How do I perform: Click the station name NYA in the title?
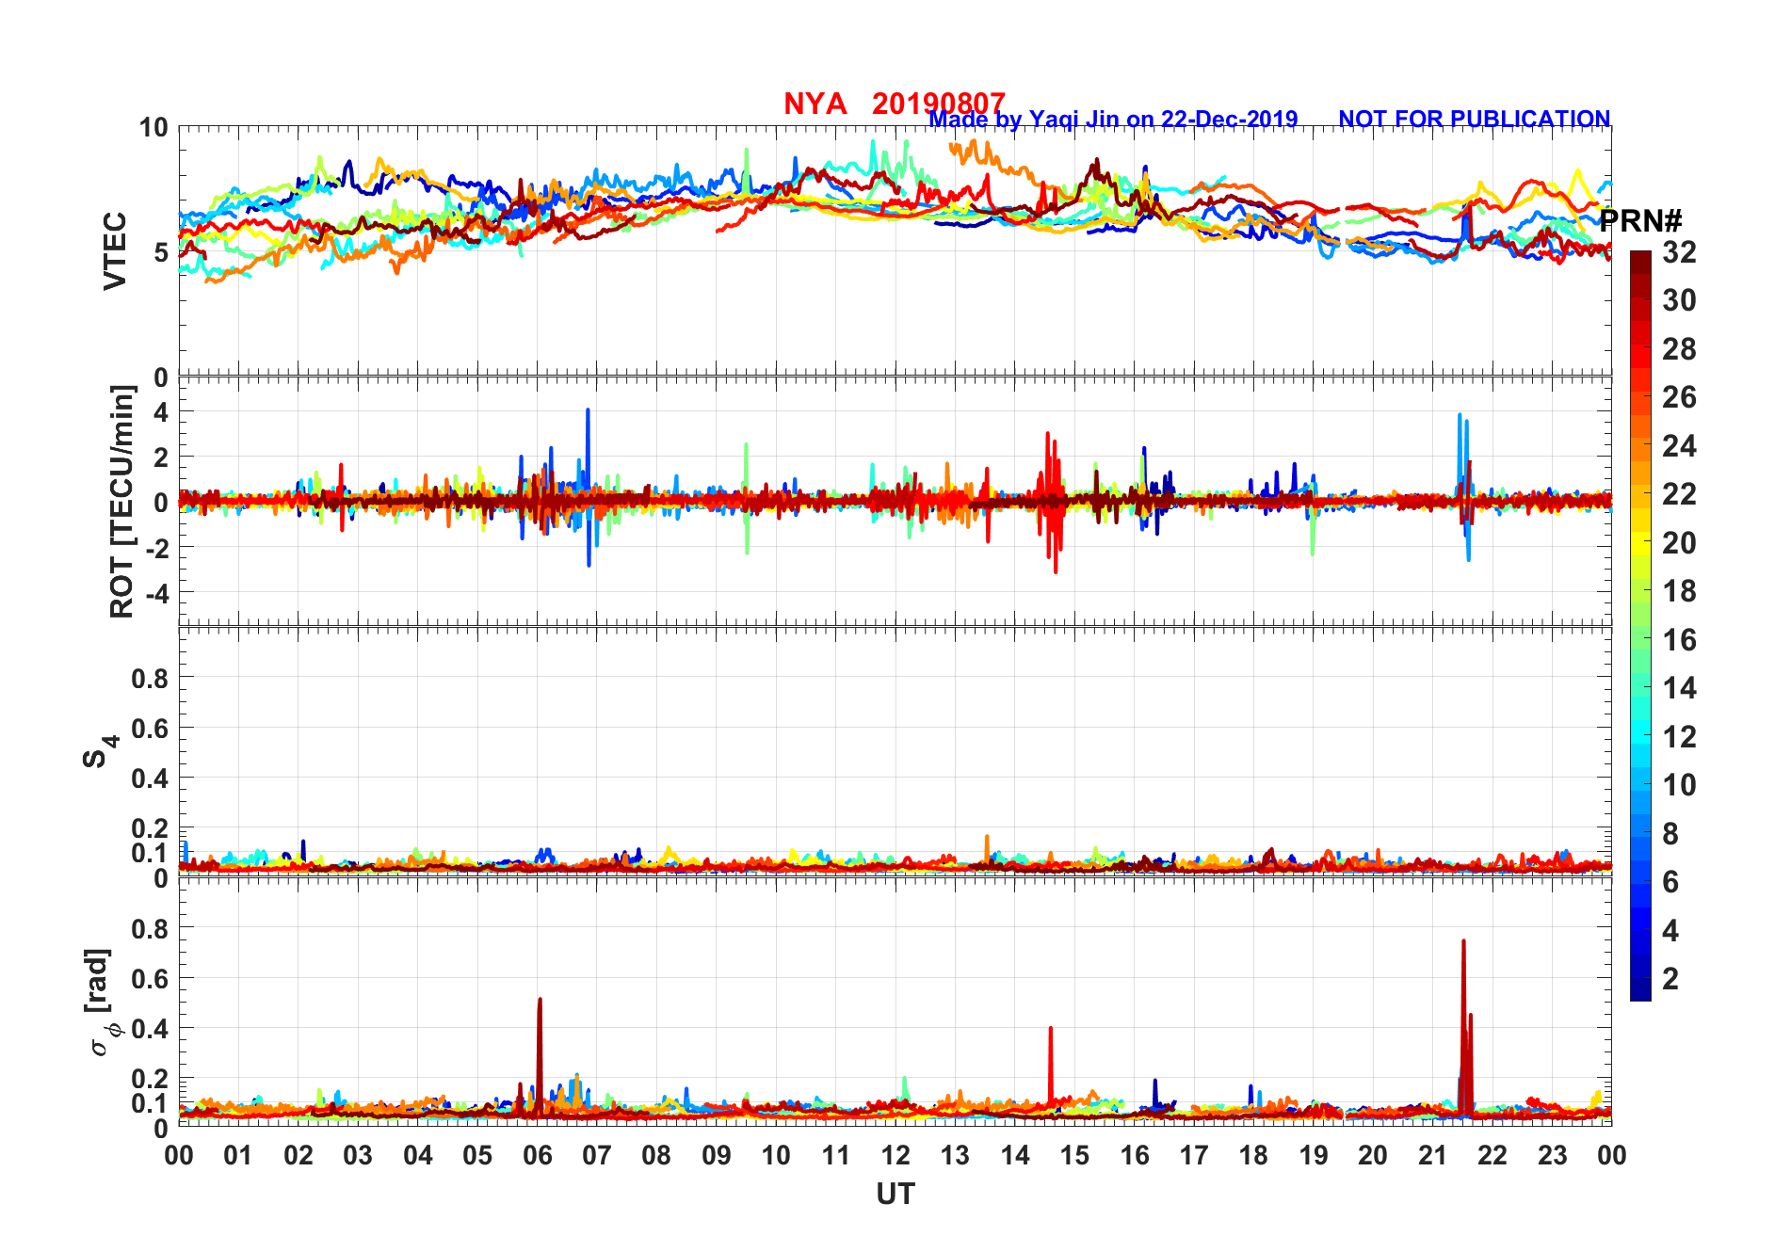pos(815,104)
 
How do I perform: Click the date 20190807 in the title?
pos(938,104)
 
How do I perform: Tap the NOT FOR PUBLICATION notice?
pos(1474,120)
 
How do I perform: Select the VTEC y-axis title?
pos(115,250)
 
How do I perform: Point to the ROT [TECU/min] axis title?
pos(122,501)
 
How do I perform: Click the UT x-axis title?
pos(895,1195)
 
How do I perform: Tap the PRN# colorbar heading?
pos(1640,222)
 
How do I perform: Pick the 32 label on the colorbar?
pos(1679,252)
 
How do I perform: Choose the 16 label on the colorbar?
pos(1679,640)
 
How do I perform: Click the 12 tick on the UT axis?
pos(895,1155)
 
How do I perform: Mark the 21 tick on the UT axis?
pos(1432,1155)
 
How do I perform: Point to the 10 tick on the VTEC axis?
pos(153,128)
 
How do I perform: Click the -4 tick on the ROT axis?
pos(156,593)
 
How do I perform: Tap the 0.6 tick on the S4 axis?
pos(149,728)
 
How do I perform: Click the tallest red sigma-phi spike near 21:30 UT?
pos(1463,942)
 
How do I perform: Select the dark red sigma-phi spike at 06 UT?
pos(540,1001)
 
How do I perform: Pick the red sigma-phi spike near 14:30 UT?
pos(1050,1030)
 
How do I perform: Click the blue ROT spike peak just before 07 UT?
pos(588,411)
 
